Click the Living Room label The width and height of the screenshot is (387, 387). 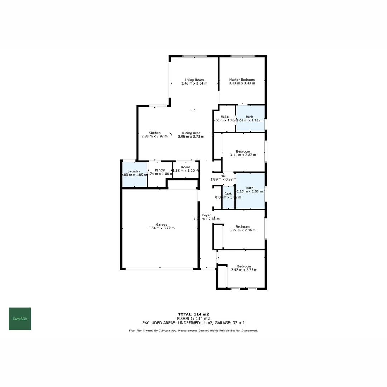(x=194, y=80)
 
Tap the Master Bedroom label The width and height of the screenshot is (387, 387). (x=242, y=80)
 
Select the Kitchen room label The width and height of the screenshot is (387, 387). (x=155, y=133)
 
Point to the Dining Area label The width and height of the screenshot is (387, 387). (x=191, y=133)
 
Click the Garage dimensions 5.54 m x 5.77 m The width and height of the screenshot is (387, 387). (x=161, y=228)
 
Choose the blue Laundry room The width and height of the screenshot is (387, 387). (x=134, y=175)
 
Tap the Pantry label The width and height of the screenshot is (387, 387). (x=160, y=170)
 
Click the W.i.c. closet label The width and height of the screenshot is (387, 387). (x=225, y=117)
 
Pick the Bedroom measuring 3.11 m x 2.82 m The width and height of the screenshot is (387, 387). (x=243, y=153)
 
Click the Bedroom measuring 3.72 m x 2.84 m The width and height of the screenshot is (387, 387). (x=243, y=228)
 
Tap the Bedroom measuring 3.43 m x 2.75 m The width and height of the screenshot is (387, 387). (x=244, y=268)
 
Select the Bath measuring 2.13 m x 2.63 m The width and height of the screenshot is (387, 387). (x=250, y=190)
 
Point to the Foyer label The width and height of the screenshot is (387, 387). (x=206, y=215)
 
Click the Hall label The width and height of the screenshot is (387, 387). (x=224, y=176)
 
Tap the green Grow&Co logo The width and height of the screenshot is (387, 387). (x=20, y=319)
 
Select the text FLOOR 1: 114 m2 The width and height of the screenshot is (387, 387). (x=193, y=318)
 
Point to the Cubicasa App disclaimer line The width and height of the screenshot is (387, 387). (x=193, y=331)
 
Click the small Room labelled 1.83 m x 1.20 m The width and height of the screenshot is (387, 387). (x=185, y=169)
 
